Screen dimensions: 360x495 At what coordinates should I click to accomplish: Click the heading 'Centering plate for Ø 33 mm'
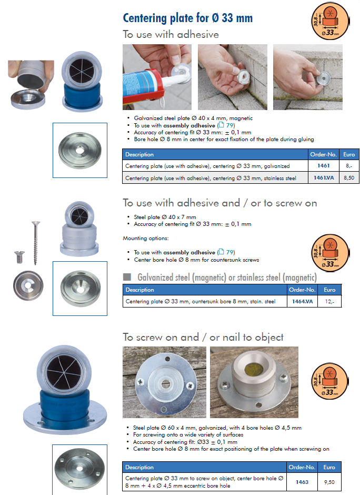pos(188,18)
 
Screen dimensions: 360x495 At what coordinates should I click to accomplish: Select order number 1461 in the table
pos(323,166)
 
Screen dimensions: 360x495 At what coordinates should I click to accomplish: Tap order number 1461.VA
pos(323,178)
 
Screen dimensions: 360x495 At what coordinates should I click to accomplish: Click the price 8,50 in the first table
pos(349,178)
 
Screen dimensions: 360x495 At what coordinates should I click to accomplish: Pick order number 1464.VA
pos(302,302)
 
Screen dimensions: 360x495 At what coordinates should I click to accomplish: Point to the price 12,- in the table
pos(329,302)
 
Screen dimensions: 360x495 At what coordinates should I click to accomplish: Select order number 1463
pos(302,482)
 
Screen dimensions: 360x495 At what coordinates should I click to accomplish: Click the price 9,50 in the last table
pos(329,482)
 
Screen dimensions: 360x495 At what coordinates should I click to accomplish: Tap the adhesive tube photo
pos(157,77)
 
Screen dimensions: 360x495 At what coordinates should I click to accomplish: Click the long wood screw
pos(35,242)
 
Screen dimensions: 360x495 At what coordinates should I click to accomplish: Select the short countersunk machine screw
pos(19,257)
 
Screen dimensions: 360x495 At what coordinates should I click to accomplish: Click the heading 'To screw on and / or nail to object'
pos(203,338)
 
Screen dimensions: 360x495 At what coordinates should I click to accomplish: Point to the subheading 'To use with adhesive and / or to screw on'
pos(219,203)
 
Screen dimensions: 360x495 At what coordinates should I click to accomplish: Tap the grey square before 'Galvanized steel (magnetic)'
pos(127,277)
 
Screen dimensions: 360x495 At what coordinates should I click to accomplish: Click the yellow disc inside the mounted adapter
pos(253,369)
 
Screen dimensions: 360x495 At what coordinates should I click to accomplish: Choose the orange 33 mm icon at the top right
pos(330,21)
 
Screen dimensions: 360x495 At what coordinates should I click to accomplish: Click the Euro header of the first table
pos(349,154)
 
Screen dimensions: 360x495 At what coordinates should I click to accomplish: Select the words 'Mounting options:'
pos(145,239)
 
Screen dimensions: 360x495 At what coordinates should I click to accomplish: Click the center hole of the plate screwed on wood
pos(165,384)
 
